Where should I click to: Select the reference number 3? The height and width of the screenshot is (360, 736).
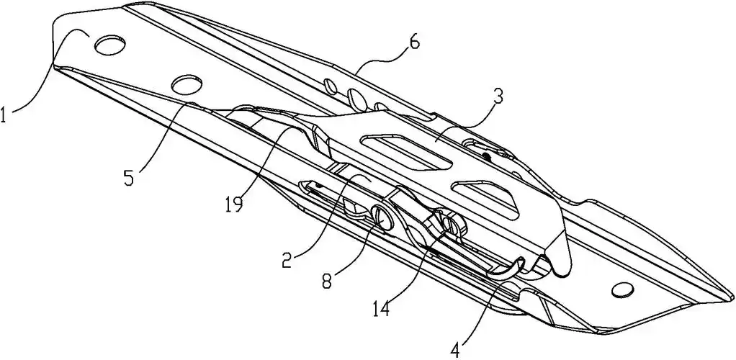point(498,97)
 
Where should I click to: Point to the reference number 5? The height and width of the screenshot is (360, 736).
point(130,176)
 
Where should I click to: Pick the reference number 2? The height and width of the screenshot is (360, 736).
point(287,258)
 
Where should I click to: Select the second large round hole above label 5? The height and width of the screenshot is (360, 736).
point(187,84)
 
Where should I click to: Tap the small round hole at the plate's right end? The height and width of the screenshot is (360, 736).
point(619,290)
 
